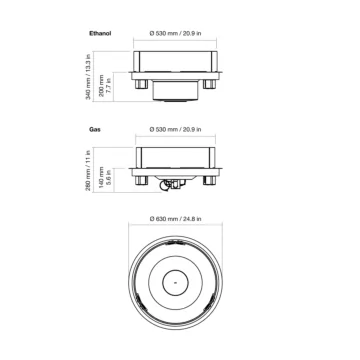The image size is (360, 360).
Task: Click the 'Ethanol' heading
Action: point(99,34)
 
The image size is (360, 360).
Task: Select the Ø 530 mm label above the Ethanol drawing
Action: point(177,34)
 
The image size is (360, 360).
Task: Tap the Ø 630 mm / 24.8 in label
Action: point(177,218)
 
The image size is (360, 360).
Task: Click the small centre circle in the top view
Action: point(177,283)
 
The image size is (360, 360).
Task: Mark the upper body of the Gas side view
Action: point(177,158)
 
